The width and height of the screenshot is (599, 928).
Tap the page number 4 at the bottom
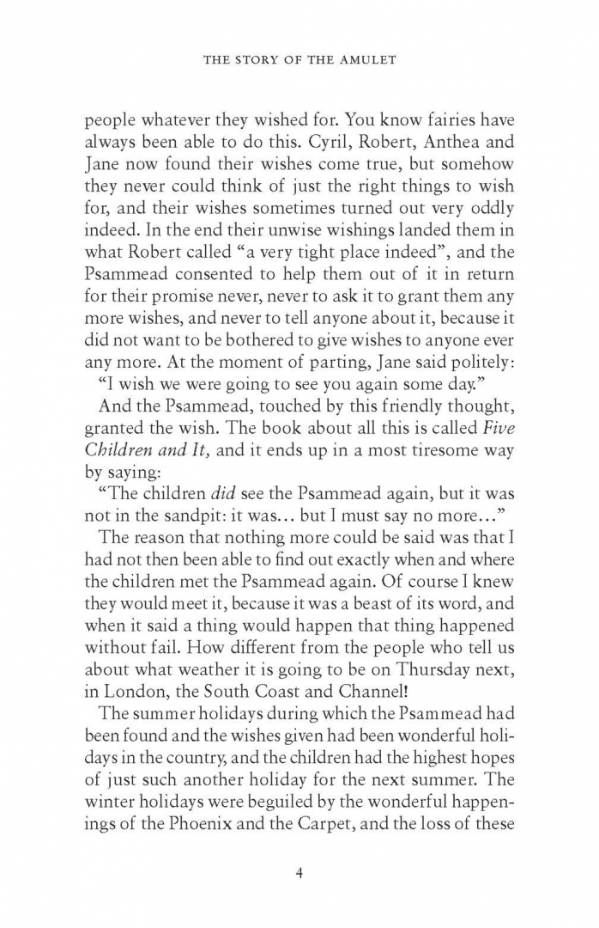[x=299, y=875]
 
